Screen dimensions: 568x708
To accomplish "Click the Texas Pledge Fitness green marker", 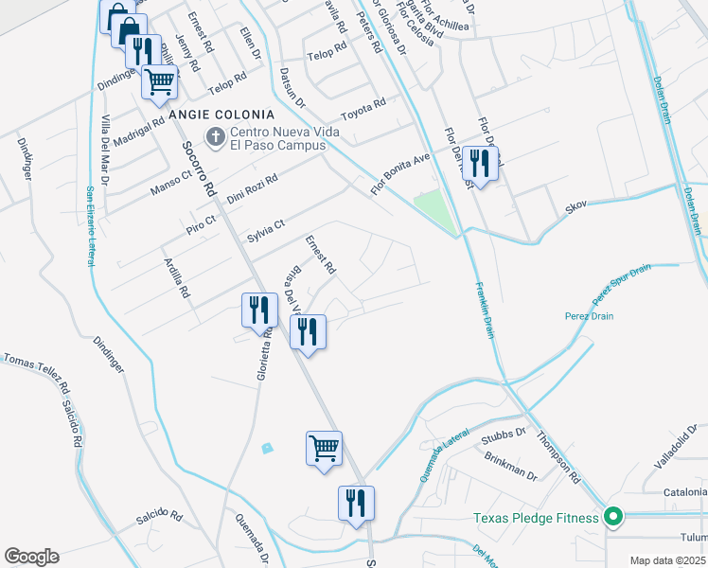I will [613, 517].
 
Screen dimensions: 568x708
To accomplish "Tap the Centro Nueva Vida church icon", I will [215, 138].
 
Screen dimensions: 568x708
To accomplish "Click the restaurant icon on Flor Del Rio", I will [480, 165].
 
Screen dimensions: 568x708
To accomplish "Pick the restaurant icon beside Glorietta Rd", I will [257, 310].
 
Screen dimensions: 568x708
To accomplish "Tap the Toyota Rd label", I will [363, 105].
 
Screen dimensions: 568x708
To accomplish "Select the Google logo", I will [32, 556].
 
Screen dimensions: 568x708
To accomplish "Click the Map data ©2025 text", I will [666, 560].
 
